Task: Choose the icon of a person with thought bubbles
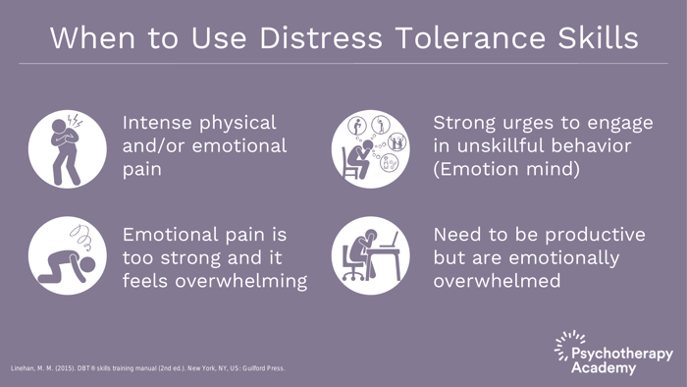(371, 148)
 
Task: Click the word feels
(149, 281)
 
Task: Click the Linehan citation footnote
(147, 368)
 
